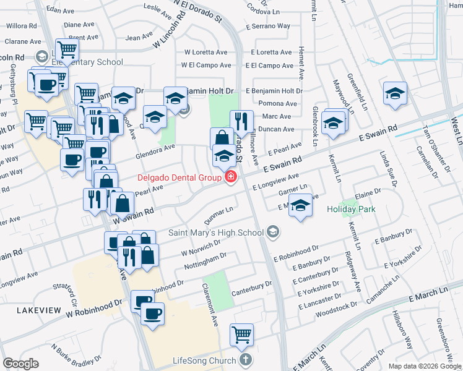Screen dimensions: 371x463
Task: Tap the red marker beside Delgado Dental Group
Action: (x=231, y=178)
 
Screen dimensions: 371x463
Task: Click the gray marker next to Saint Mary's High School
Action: (x=272, y=232)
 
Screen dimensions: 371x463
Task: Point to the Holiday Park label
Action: (x=352, y=209)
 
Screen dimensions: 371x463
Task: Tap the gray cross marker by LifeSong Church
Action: (x=245, y=360)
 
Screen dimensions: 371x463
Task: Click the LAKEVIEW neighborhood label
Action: (x=38, y=309)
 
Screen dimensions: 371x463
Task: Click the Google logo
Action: (x=20, y=364)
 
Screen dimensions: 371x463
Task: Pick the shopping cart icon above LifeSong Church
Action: (x=241, y=335)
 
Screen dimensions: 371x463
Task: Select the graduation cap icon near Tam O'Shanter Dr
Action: (x=395, y=93)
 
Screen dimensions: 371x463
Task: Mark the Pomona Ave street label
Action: (x=278, y=103)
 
